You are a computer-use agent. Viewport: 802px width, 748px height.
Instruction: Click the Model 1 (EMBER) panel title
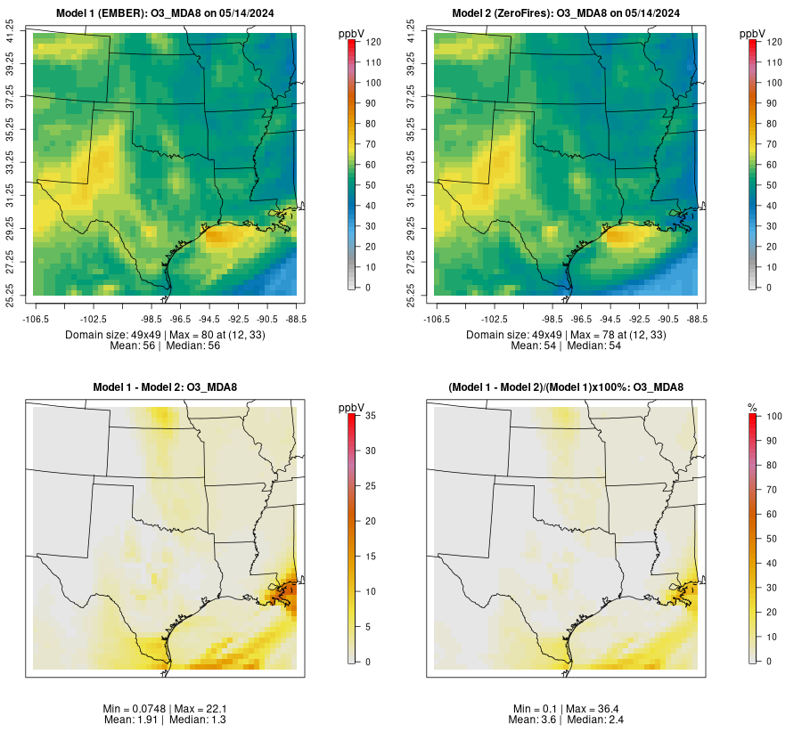[165, 12]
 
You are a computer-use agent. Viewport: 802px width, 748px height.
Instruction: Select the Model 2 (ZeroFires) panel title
[566, 12]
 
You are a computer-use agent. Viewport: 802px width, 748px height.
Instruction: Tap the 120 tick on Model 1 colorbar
[373, 42]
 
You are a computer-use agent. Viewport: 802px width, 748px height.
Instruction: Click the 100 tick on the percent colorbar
[774, 416]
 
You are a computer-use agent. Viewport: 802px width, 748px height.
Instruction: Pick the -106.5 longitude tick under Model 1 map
[36, 318]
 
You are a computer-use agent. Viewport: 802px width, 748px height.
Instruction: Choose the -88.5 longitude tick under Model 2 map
[698, 318]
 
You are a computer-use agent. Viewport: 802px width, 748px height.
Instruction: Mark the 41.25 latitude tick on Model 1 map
[10, 33]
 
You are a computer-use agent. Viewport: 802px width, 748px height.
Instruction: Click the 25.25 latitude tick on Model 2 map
[411, 295]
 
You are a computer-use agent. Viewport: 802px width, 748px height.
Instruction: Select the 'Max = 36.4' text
[593, 708]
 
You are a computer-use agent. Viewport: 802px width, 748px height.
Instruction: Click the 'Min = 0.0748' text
[134, 708]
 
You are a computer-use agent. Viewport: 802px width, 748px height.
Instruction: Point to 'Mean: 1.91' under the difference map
[134, 720]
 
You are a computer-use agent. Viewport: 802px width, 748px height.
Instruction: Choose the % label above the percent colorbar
[752, 407]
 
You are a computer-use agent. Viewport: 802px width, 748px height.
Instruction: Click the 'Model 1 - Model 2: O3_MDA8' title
[165, 386]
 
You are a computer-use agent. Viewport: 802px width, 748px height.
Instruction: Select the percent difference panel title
[566, 386]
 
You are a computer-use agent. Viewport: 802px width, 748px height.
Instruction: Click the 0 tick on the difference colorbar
[365, 661]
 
